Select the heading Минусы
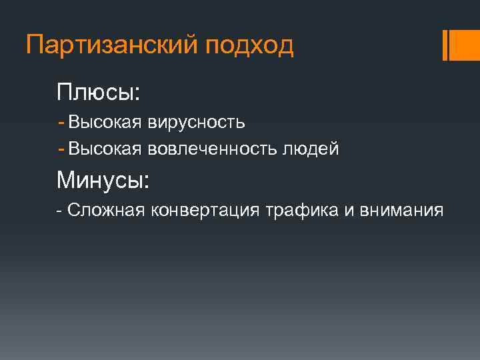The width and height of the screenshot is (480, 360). pos(103,179)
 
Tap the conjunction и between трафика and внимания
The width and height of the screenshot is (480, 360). pos(349,211)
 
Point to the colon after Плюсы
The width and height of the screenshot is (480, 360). pos(137,94)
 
